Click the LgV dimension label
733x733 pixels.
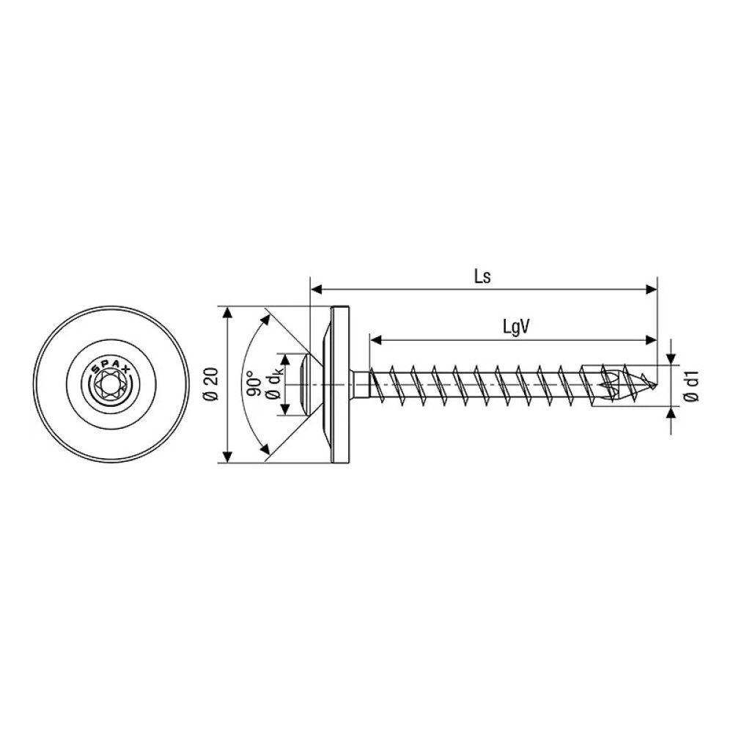click(x=516, y=327)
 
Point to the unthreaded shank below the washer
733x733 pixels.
click(x=360, y=384)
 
